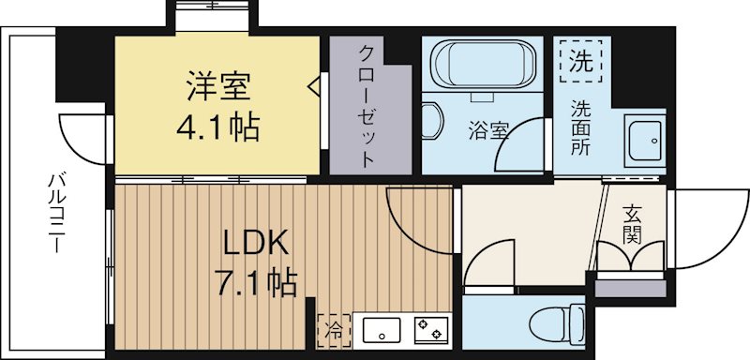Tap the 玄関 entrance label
pyautogui.click(x=631, y=225)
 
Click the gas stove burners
pyautogui.click(x=432, y=329)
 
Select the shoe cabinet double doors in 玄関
pyautogui.click(x=630, y=255)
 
